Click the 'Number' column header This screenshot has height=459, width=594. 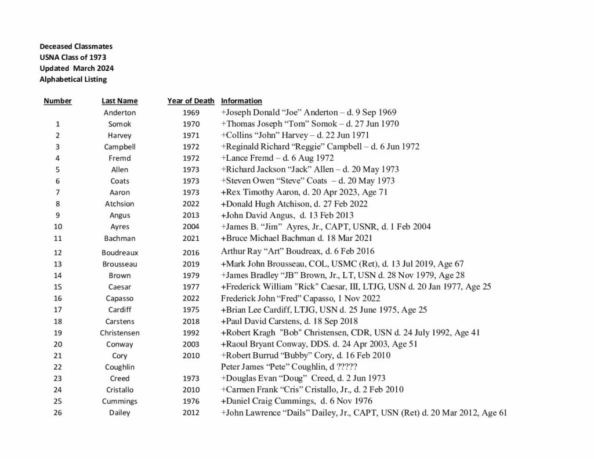click(x=57, y=101)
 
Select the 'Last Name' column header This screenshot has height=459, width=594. click(x=119, y=101)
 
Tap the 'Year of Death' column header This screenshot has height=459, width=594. click(x=191, y=101)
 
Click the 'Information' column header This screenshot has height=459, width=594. click(x=241, y=101)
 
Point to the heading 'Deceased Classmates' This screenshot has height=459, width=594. click(x=76, y=46)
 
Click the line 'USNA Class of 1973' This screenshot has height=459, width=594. click(x=73, y=57)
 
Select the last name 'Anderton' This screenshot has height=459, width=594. click(x=119, y=113)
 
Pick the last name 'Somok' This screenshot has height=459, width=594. click(x=119, y=124)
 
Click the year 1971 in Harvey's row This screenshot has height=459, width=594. click(x=191, y=135)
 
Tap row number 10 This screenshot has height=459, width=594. click(x=57, y=227)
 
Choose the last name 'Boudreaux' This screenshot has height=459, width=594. click(x=119, y=252)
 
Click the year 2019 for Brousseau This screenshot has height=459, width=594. click(x=191, y=264)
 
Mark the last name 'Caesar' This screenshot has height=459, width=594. click(x=119, y=287)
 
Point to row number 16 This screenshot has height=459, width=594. click(x=57, y=298)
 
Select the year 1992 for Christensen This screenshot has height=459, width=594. click(x=191, y=333)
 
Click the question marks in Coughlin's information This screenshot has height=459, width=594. click(x=347, y=367)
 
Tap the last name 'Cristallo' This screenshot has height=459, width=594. click(x=119, y=390)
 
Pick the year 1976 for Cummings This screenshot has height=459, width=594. click(x=191, y=402)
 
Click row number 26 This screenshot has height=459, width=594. click(x=57, y=413)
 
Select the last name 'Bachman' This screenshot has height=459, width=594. click(x=119, y=238)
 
